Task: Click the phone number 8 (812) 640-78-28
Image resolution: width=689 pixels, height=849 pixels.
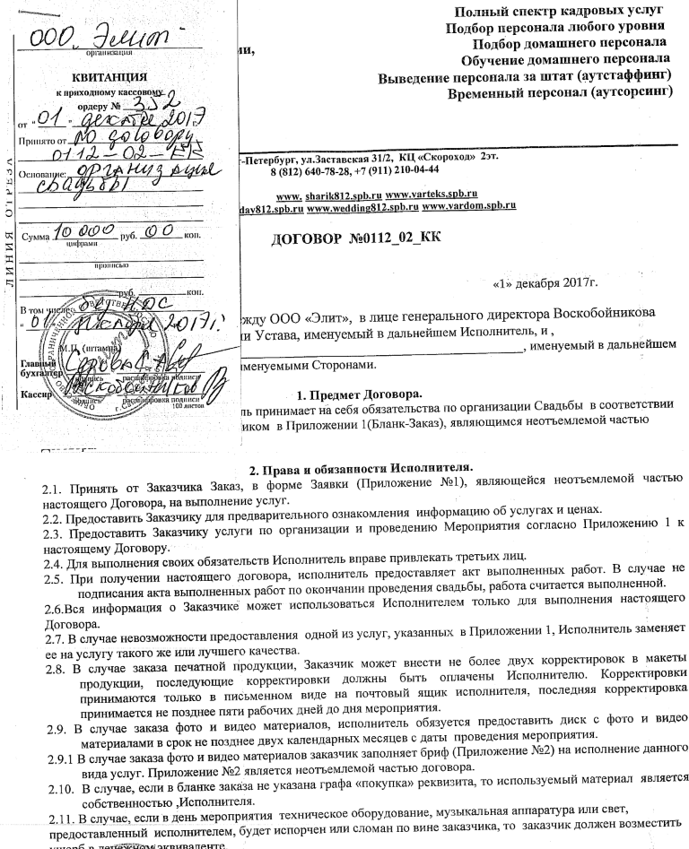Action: [310, 168]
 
